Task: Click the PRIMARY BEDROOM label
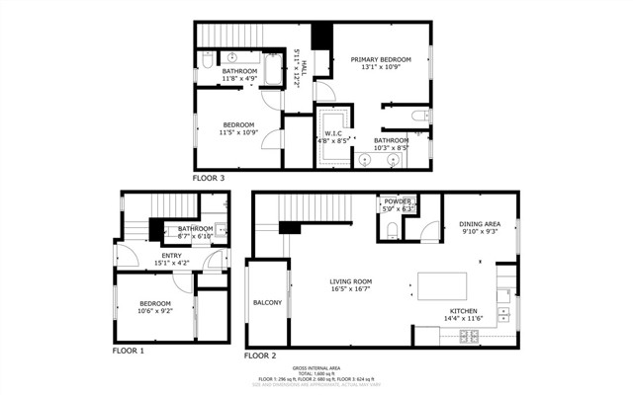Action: (x=380, y=60)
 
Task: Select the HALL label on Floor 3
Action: (x=304, y=66)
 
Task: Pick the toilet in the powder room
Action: (x=393, y=230)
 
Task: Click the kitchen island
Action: (x=439, y=285)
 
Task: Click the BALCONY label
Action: (x=267, y=302)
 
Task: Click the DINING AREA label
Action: (x=479, y=223)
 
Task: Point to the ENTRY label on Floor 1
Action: (x=171, y=255)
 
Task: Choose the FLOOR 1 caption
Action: (x=128, y=351)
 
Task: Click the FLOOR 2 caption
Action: (x=260, y=355)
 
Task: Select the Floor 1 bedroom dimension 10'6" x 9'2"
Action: (x=154, y=311)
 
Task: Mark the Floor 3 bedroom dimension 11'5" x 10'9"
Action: (x=237, y=132)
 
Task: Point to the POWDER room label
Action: (x=398, y=201)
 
